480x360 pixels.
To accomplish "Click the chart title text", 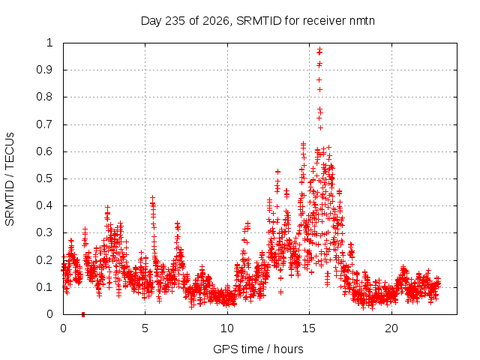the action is (258, 21).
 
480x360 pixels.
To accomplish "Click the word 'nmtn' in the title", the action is (361, 21).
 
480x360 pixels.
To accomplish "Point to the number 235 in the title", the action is (175, 21).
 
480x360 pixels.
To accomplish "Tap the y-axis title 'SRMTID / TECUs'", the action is (10, 179).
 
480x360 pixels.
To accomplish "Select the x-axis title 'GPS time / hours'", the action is (258, 349).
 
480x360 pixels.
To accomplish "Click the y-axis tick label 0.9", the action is (45, 70).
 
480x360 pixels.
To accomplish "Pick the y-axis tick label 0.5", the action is (45, 178).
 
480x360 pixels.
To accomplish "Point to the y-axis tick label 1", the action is (50, 43).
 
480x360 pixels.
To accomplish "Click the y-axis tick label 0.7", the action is (45, 124).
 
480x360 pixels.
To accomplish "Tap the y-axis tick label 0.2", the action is (45, 260).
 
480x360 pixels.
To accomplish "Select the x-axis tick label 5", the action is (145, 328).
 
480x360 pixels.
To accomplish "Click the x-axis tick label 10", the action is (227, 328).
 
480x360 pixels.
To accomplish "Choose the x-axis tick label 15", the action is (309, 328).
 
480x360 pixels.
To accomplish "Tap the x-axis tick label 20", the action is (391, 328).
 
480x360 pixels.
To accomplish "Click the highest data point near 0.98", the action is (320, 49).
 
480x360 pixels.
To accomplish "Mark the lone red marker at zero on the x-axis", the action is (83, 314).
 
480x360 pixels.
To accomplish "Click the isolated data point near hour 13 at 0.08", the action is (280, 292).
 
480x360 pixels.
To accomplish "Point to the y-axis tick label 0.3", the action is (45, 232).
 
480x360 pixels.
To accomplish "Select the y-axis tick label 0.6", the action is (45, 151).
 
